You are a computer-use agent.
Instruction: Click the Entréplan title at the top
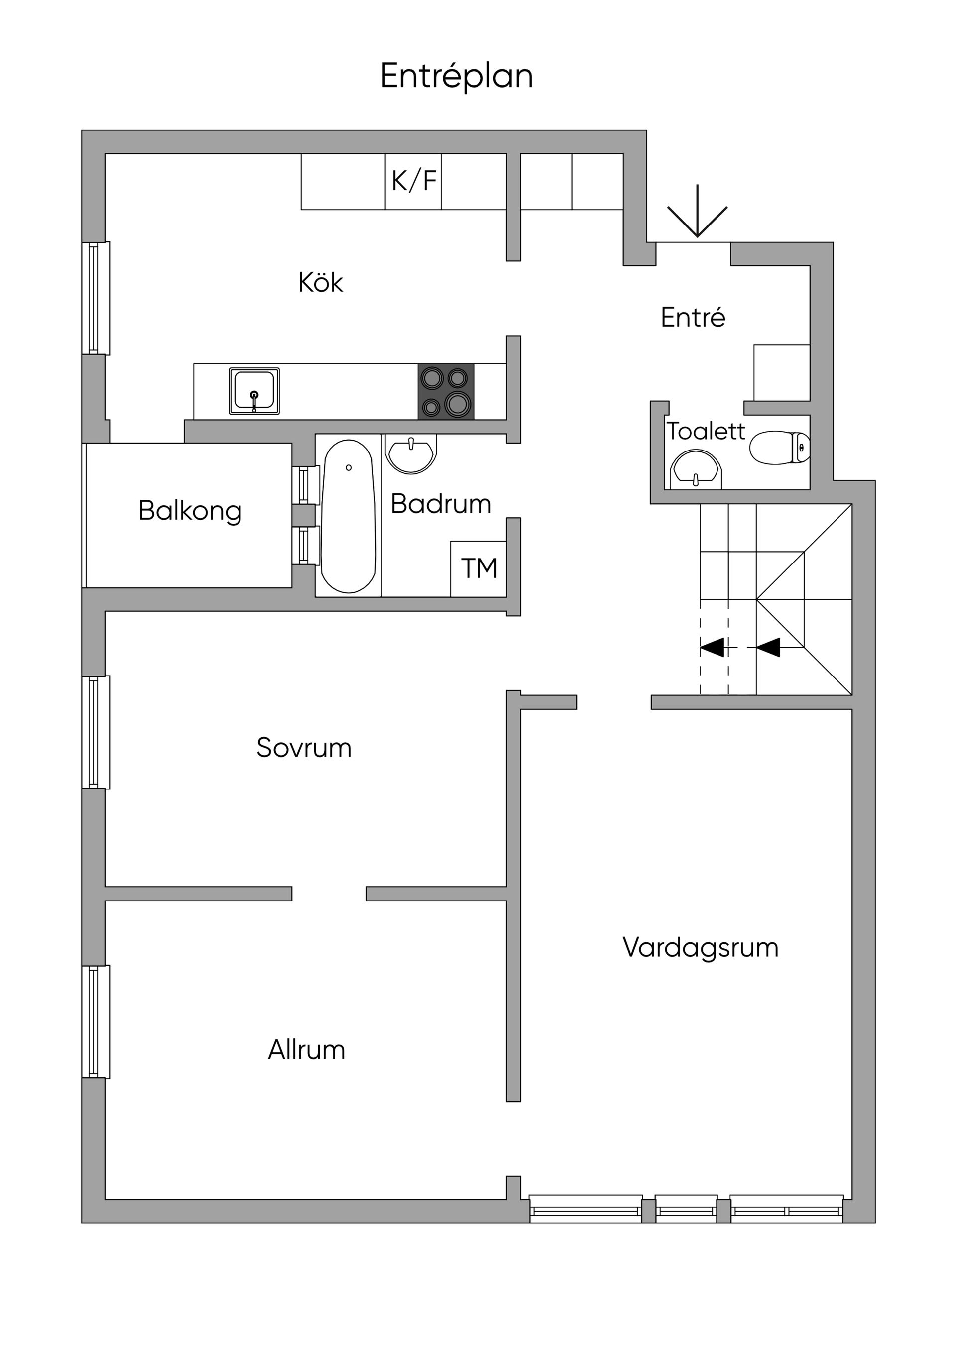tap(457, 76)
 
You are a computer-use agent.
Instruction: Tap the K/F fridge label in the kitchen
tap(413, 181)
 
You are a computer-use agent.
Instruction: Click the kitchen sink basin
tap(254, 391)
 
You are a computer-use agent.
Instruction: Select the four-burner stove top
tap(446, 392)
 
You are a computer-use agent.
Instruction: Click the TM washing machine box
tap(478, 568)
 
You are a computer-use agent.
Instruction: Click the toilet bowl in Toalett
tap(779, 448)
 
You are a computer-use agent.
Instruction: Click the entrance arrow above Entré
tap(698, 212)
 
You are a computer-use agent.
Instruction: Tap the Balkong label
tap(190, 511)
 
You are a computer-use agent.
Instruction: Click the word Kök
tap(321, 283)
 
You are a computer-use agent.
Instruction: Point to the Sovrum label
tap(304, 748)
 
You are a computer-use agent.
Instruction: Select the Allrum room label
tap(306, 1050)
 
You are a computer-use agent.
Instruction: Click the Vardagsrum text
tap(701, 947)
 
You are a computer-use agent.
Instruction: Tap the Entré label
tap(693, 318)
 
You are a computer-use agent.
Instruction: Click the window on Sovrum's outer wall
tap(95, 732)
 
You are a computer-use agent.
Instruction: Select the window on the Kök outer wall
tap(95, 298)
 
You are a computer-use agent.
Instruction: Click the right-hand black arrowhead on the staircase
tap(769, 648)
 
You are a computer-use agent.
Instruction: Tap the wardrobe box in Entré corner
tap(782, 373)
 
